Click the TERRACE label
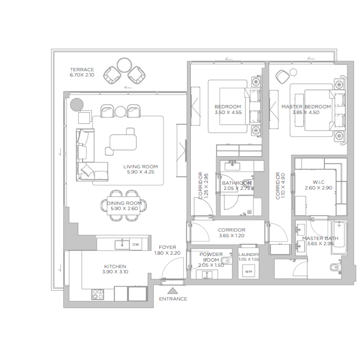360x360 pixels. click(x=82, y=70)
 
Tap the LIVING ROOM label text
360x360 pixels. click(x=140, y=166)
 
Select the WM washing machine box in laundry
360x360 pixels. click(x=248, y=272)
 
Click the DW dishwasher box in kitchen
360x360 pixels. click(x=136, y=244)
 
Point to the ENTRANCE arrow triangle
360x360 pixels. click(x=173, y=291)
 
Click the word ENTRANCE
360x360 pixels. click(x=173, y=299)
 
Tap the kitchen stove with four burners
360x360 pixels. click(x=98, y=294)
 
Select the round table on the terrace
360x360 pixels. click(x=123, y=63)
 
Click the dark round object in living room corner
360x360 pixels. click(x=76, y=104)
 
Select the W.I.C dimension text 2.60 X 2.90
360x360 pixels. click(x=319, y=188)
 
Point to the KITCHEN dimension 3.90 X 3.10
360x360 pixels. click(x=115, y=272)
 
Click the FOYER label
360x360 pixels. click(x=167, y=247)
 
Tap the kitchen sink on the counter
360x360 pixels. click(x=121, y=244)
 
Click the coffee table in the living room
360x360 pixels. click(x=123, y=142)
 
